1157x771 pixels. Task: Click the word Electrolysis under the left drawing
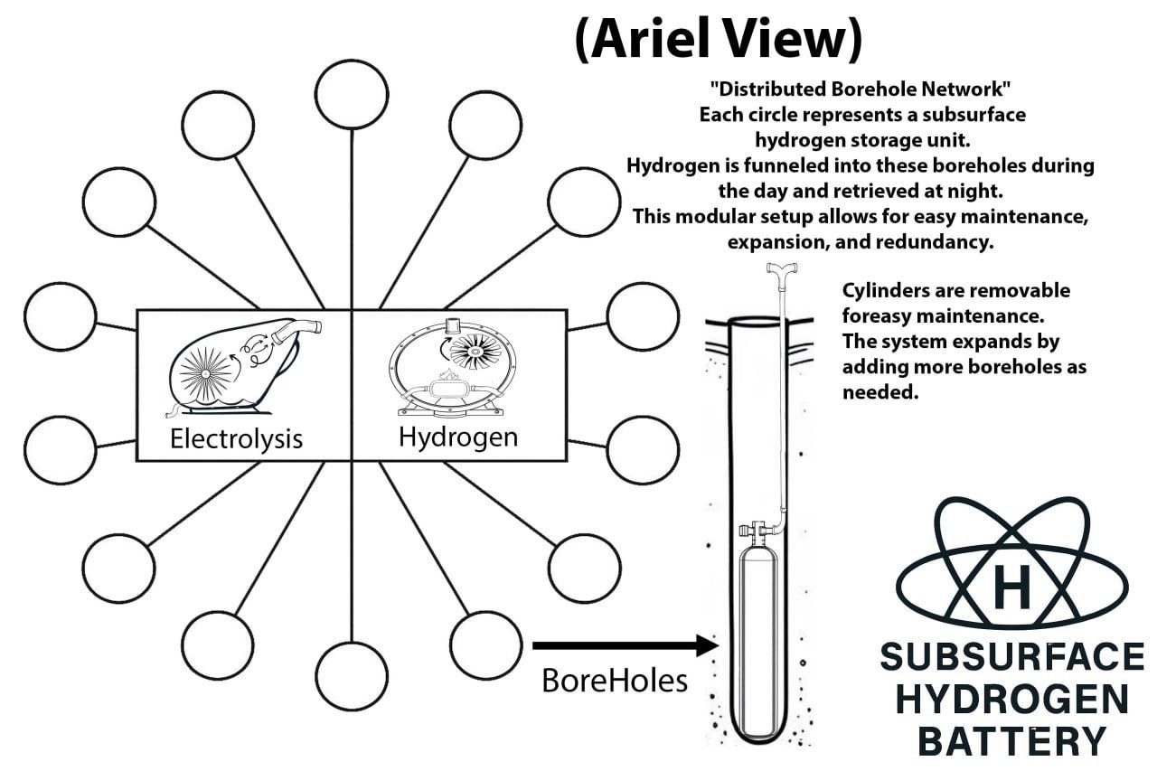tap(236, 439)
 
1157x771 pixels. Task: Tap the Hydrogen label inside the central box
tap(458, 437)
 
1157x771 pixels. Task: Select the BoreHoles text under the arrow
tap(615, 680)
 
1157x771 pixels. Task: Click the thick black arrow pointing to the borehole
tap(624, 645)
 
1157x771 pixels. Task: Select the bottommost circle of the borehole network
tap(353, 674)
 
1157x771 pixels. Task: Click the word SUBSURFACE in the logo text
tap(1011, 657)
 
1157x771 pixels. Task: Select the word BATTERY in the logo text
tap(1011, 740)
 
